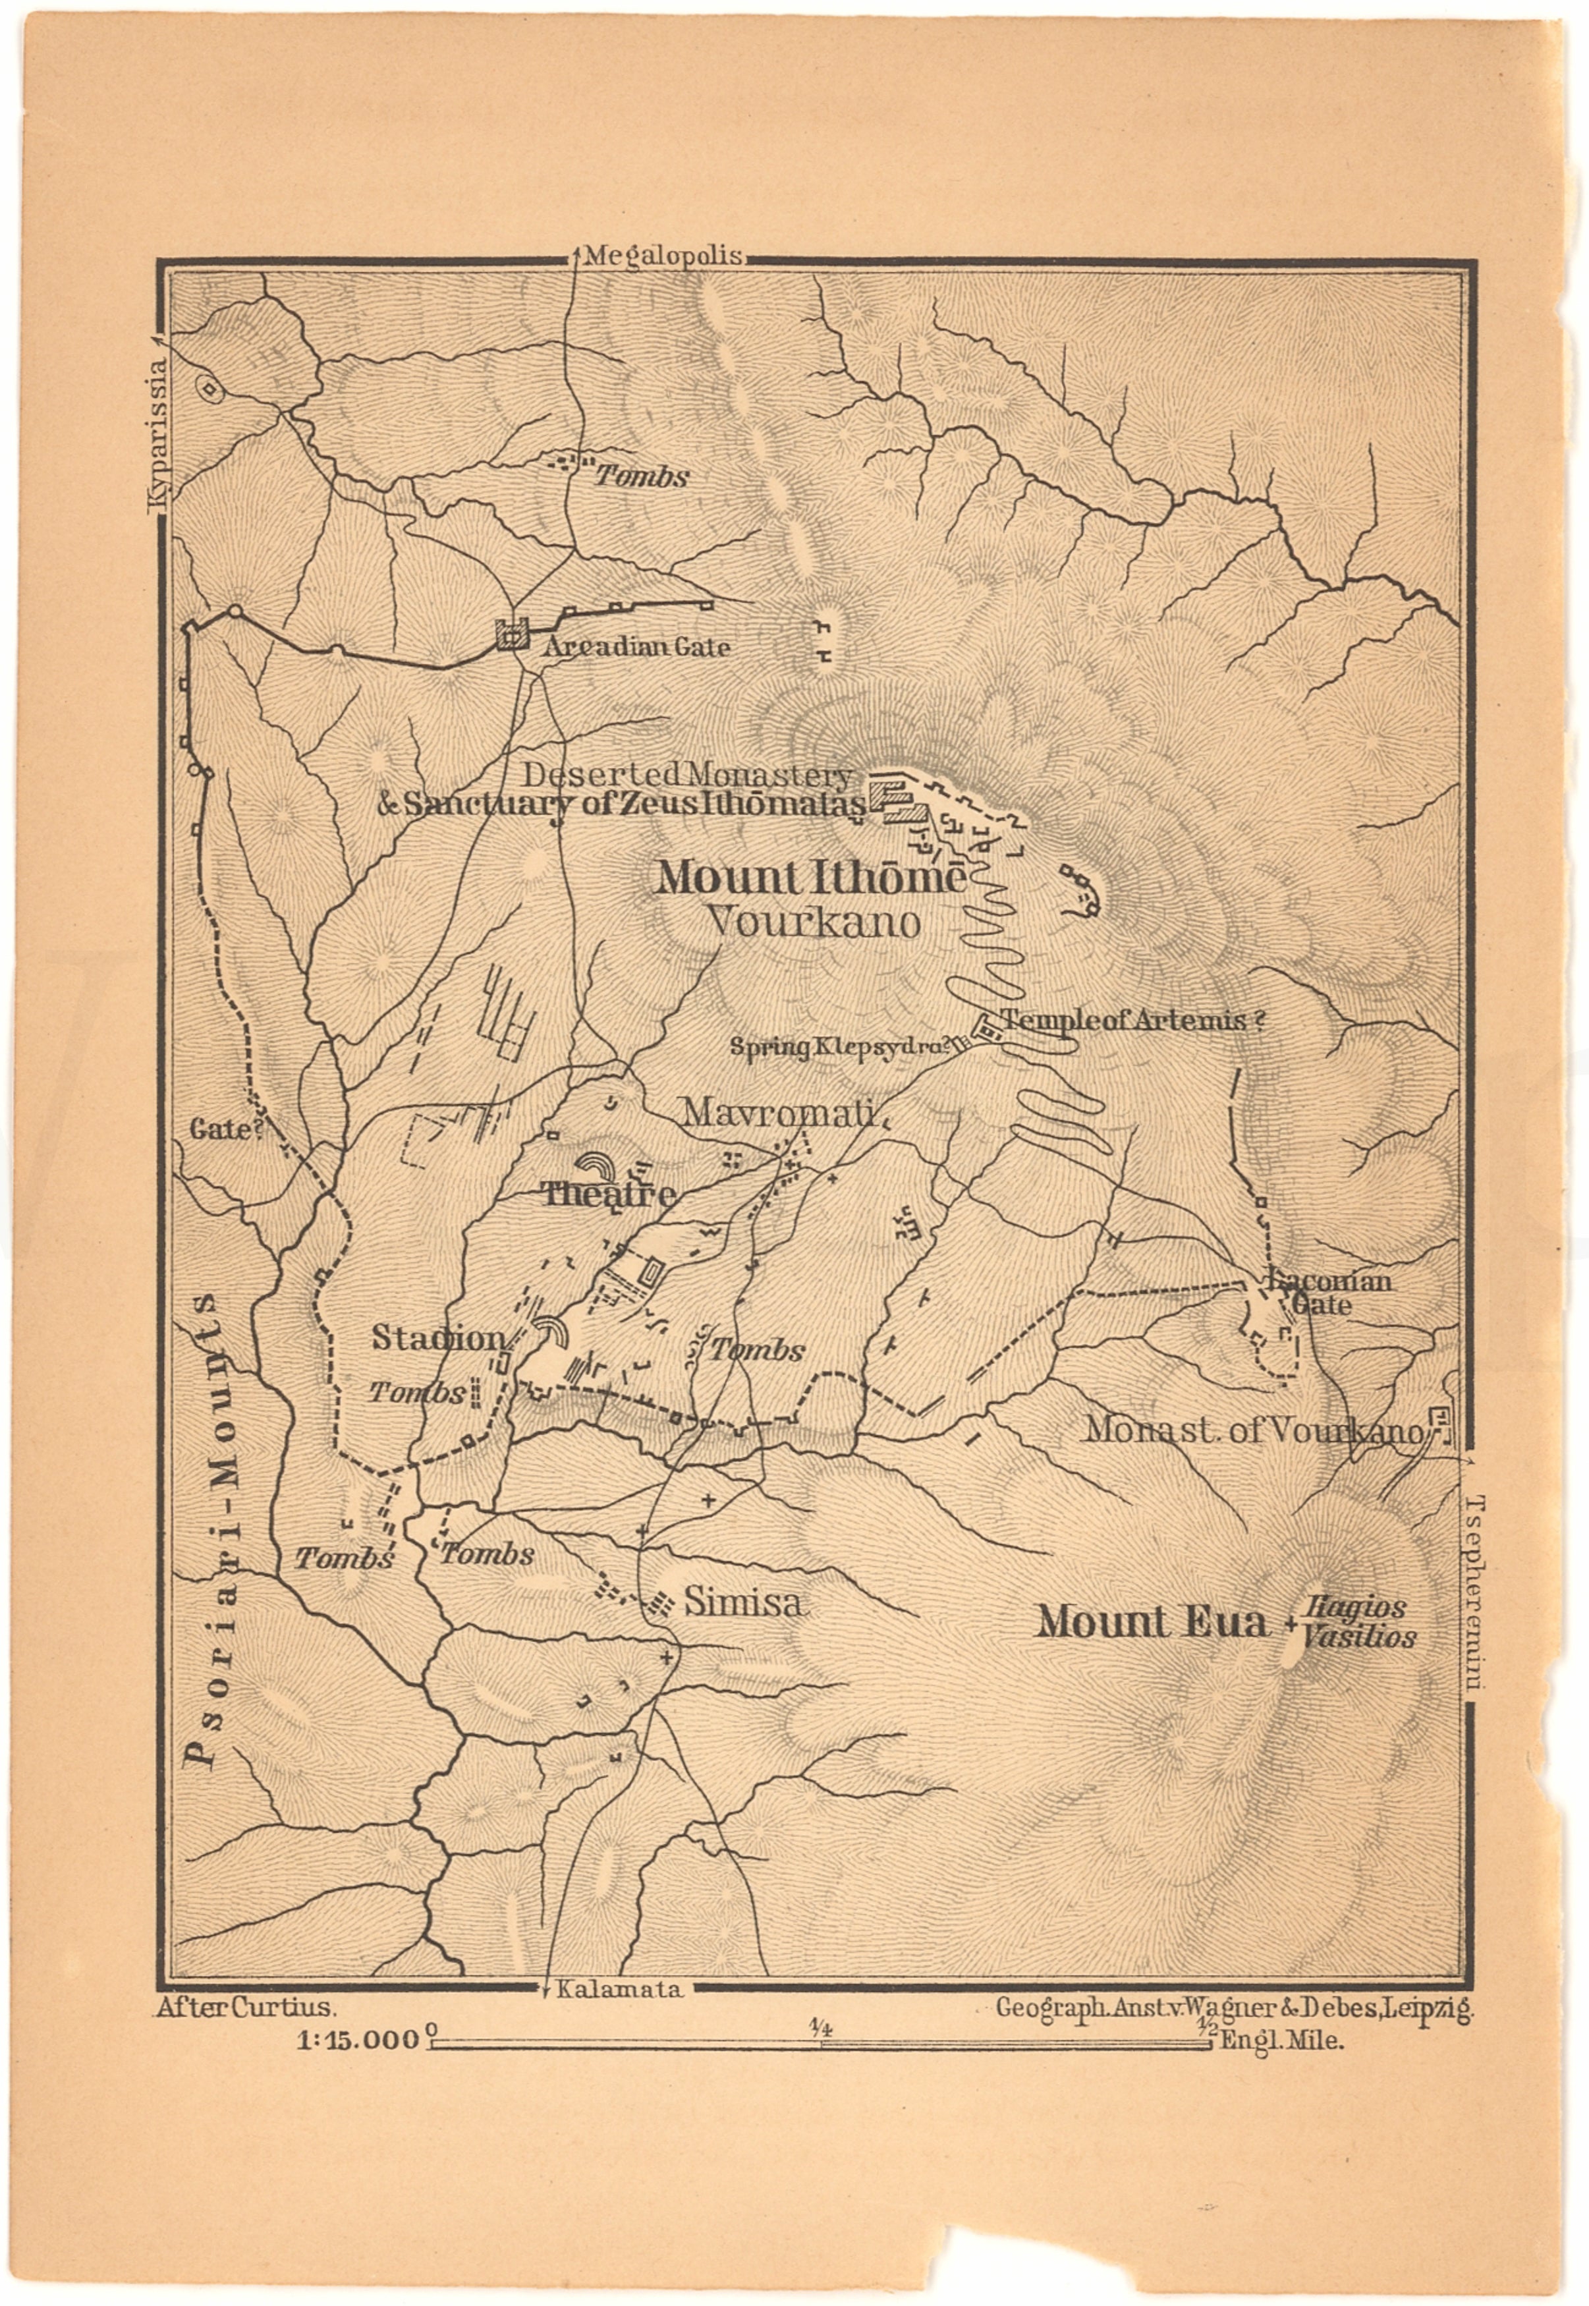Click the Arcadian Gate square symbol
pos(513,634)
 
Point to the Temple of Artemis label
pos(1132,1019)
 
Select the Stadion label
pos(439,1338)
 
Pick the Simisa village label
pos(744,1603)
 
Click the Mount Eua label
pos(1153,1621)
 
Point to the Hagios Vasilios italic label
pos(1359,1623)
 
